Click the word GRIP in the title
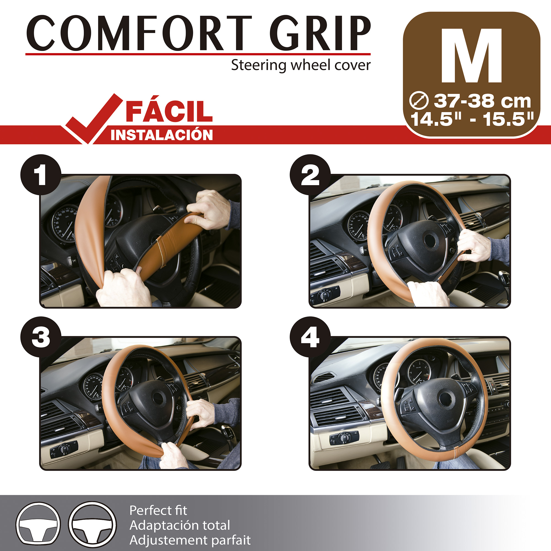[x=320, y=33]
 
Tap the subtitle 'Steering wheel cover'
[x=301, y=65]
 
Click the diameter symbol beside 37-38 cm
[x=419, y=101]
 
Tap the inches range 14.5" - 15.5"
[x=472, y=119]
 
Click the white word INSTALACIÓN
[x=162, y=135]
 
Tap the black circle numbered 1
[x=41, y=175]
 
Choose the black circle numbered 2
[x=310, y=175]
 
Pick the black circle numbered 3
[x=41, y=337]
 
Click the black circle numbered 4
[x=310, y=337]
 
